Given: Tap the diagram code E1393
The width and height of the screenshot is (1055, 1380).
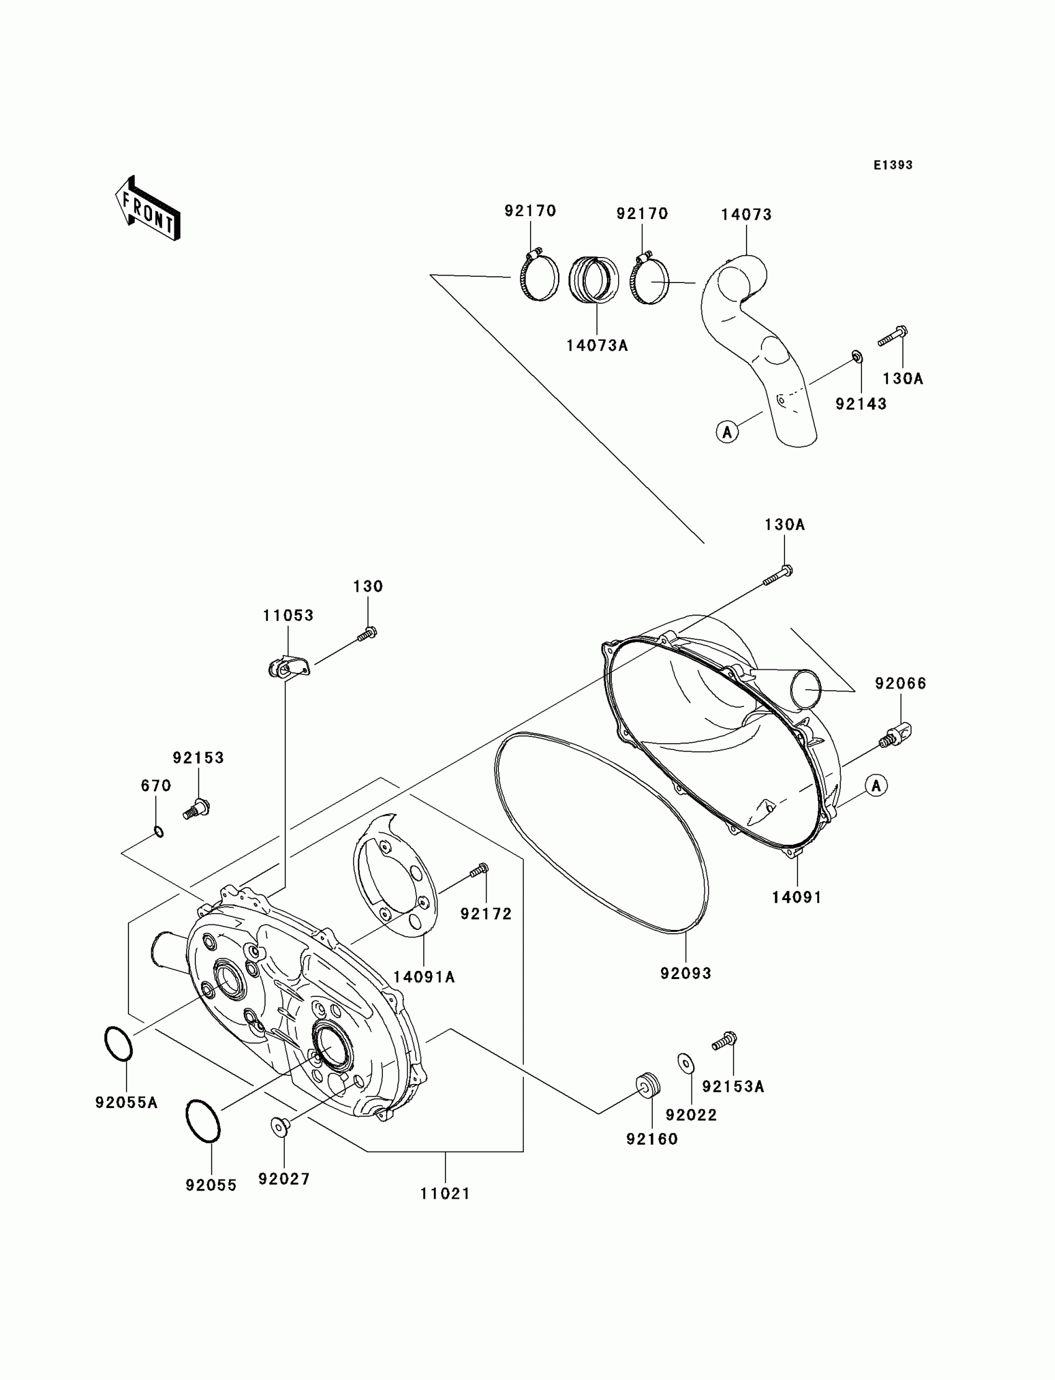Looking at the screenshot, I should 892,165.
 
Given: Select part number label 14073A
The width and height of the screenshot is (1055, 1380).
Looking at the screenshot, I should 596,346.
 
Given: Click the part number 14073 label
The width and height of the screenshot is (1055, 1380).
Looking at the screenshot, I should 746,215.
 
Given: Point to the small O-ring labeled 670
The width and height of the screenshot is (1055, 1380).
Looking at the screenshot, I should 159,832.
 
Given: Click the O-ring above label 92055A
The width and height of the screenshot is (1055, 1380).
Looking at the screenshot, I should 118,1044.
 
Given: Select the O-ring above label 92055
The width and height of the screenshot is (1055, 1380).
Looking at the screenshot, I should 203,1121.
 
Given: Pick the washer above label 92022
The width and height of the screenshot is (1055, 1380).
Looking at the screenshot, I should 686,1063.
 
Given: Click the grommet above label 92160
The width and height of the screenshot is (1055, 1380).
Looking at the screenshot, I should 647,1086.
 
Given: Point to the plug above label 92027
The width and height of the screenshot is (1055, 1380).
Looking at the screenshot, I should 279,1126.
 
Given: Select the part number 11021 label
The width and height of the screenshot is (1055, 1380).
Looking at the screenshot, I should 445,1193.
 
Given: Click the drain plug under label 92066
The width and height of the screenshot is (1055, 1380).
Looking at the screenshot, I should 897,734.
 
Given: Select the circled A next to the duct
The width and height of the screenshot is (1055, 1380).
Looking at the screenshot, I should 727,432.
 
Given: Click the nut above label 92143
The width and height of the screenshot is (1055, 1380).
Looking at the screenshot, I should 856,358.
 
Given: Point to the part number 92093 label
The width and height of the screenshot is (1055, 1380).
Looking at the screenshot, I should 685,973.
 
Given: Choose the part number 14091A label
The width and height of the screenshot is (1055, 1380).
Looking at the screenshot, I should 424,976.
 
